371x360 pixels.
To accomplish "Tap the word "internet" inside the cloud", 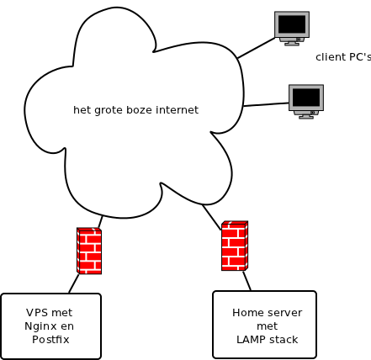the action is [178, 109].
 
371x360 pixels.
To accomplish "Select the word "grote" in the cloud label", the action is [109, 110].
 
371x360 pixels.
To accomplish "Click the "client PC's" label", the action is [343, 57].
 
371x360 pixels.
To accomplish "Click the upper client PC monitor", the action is [292, 29].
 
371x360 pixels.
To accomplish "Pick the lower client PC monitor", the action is [306, 102].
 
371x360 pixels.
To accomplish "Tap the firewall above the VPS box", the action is [89, 251].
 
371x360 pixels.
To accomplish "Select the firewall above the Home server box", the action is [235, 246].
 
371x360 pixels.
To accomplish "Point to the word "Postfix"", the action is [50, 340].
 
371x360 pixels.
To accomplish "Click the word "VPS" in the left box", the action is [37, 313].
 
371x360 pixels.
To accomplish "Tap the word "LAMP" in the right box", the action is [250, 340].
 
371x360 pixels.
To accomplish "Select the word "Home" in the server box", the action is [245, 313].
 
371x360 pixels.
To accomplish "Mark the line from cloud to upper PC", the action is [257, 48].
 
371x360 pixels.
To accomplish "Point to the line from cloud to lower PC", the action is [266, 104].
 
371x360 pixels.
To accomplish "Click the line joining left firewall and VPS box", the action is [74, 283].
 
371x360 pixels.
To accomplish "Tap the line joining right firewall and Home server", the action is [246, 281].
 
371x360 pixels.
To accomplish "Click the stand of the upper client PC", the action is [292, 42].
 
